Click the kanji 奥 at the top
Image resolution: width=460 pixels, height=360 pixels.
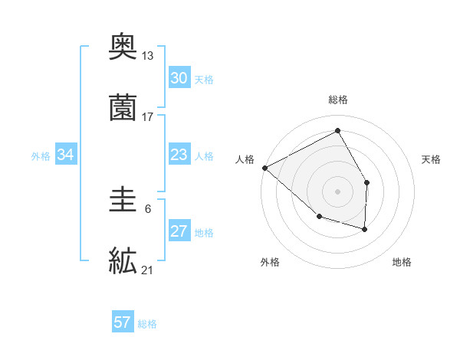pos(123,47)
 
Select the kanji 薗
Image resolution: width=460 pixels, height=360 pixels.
pos(123,108)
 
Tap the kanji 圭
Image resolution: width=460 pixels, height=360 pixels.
pos(123,201)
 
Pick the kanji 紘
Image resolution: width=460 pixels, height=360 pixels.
pos(123,260)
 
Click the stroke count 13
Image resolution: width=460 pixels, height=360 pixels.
pos(148,56)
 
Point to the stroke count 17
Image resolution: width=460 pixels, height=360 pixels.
pos(148,117)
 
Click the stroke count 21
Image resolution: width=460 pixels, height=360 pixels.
pos(148,270)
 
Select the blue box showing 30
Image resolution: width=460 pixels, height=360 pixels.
pos(179,78)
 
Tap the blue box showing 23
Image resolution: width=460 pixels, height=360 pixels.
pos(179,155)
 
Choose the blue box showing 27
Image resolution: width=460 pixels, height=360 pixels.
pos(179,231)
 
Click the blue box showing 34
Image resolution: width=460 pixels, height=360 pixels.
pos(66,155)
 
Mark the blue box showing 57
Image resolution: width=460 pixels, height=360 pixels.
pos(123,322)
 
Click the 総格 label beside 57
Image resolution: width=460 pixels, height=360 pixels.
pos(147,324)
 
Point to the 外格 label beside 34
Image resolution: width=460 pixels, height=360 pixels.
pos(41,156)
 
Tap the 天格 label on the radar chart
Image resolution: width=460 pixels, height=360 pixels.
pos(431,159)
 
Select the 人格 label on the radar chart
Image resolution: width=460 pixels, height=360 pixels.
pos(245,159)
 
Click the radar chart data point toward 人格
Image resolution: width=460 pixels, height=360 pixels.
pos(264,167)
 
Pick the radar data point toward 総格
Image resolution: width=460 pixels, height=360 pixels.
pos(337,131)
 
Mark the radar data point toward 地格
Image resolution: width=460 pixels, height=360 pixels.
pos(365,229)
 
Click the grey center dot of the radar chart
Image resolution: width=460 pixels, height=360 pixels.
pos(337,191)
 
